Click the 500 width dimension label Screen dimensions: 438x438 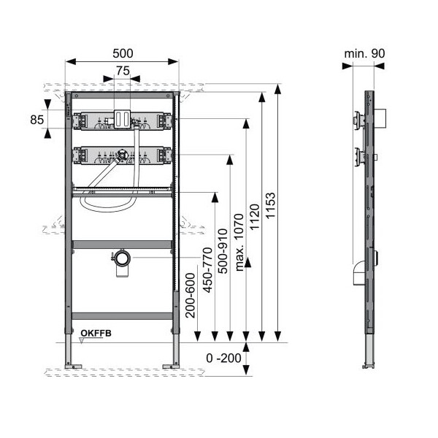pyautogui.click(x=123, y=53)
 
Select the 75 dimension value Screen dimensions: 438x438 pyautogui.click(x=123, y=71)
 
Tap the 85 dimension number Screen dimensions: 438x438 pyautogui.click(x=37, y=120)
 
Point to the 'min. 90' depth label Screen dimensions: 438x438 pyautogui.click(x=364, y=53)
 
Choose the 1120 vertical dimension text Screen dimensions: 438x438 pyautogui.click(x=255, y=218)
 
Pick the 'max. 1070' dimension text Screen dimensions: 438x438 pyautogui.click(x=239, y=242)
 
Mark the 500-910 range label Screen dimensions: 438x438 pyautogui.click(x=223, y=251)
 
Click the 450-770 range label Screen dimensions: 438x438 pyautogui.click(x=207, y=270)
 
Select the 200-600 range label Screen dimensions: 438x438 pyautogui.click(x=191, y=296)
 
